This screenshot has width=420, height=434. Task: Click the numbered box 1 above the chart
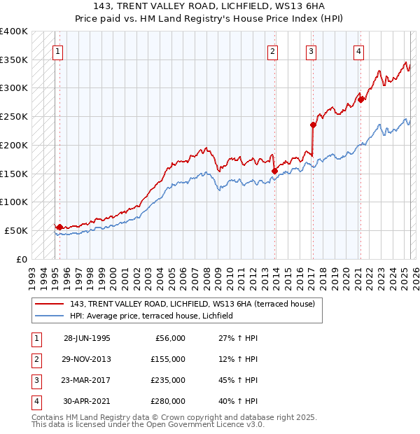pyautogui.click(x=57, y=50)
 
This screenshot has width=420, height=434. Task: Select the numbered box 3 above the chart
pyautogui.click(x=311, y=50)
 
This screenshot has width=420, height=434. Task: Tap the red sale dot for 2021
pyautogui.click(x=360, y=99)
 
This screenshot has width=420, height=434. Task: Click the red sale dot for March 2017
pyautogui.click(x=313, y=125)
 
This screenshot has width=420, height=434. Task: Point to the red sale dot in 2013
pyautogui.click(x=274, y=170)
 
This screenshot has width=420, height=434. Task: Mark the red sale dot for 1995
pyautogui.click(x=60, y=227)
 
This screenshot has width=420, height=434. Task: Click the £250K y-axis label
pyautogui.click(x=14, y=117)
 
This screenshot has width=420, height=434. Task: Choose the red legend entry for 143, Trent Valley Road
pyautogui.click(x=192, y=304)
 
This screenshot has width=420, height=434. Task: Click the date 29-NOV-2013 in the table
pyautogui.click(x=87, y=359)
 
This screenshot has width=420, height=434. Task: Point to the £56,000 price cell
pyautogui.click(x=168, y=338)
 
